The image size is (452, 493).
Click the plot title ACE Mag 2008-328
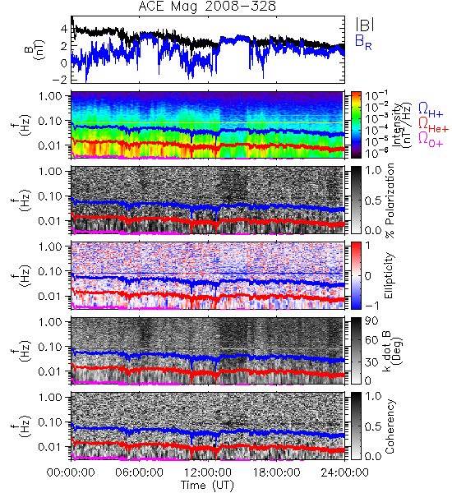pyautogui.click(x=207, y=7)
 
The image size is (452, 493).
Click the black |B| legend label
pyautogui.click(x=365, y=25)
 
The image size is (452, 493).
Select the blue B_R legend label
pyautogui.click(x=363, y=42)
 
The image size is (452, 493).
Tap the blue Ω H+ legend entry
pyautogui.click(x=431, y=110)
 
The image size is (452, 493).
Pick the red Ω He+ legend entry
pyautogui.click(x=433, y=125)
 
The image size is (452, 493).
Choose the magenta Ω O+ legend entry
pyautogui.click(x=431, y=140)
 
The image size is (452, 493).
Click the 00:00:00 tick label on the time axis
pyautogui.click(x=71, y=472)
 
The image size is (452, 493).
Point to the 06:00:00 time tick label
pyautogui.click(x=139, y=472)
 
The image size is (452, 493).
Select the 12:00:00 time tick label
pyautogui.click(x=208, y=472)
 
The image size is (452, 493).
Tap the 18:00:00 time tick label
pyautogui.click(x=276, y=472)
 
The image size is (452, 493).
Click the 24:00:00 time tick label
pyautogui.click(x=344, y=472)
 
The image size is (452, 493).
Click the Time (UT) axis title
pyautogui.click(x=207, y=486)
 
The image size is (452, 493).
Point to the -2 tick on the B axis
pyautogui.click(x=60, y=80)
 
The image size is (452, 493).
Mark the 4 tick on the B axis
pyautogui.click(x=64, y=29)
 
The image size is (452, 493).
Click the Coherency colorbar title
pyautogui.click(x=390, y=426)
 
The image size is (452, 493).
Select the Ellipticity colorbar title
pyautogui.click(x=389, y=275)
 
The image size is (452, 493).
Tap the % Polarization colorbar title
pyautogui.click(x=390, y=200)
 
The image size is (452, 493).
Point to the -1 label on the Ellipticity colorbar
pyautogui.click(x=371, y=305)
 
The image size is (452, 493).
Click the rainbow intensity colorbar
pyautogui.click(x=356, y=125)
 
